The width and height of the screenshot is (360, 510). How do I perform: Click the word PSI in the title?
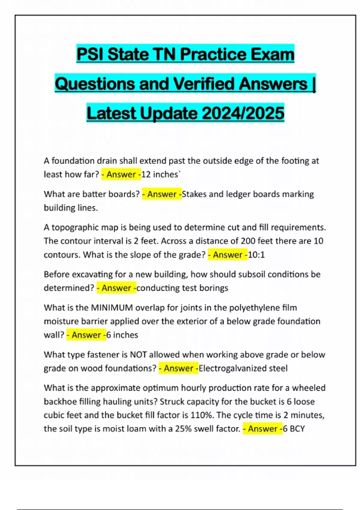coord(90,54)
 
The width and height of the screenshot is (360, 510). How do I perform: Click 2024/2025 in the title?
coord(243,113)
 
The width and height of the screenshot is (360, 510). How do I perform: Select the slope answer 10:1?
coord(256,255)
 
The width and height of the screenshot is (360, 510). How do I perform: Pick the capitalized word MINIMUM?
coord(112,308)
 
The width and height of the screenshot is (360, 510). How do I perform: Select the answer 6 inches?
coord(122,335)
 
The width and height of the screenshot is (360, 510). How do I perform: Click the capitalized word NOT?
coord(138,355)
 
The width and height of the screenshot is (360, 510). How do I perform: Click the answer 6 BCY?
coord(294,429)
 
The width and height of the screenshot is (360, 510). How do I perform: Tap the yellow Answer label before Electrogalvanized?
coord(178,368)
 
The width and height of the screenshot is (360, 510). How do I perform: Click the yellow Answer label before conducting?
coord(116,288)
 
